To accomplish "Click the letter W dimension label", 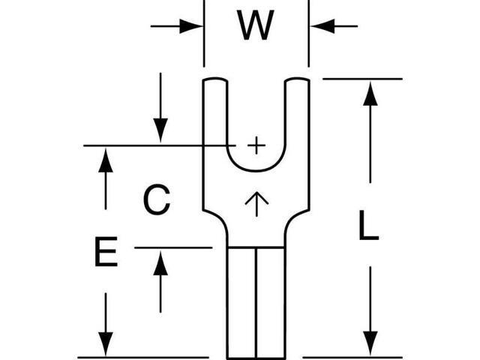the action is (255, 25).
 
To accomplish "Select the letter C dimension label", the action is (157, 199).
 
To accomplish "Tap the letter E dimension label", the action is (106, 252).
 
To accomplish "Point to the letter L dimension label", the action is (368, 225).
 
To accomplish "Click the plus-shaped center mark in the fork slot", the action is (256, 145).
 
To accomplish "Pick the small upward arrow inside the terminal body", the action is (256, 204).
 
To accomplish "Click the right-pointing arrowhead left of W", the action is (191, 26).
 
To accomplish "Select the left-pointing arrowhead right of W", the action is (322, 26).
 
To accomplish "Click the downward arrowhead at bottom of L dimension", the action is (370, 343).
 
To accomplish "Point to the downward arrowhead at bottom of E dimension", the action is (106, 344).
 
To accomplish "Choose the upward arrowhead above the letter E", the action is (106, 160).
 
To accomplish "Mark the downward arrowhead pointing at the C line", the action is (160, 130).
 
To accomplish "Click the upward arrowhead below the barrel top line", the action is (160, 262).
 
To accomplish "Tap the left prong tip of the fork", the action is (215, 79).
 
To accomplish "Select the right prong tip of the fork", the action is (297, 79).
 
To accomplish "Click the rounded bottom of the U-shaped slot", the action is (256, 170).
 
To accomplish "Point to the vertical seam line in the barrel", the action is (256, 303).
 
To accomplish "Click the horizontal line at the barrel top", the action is (256, 247).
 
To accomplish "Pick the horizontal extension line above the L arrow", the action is (362, 79).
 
